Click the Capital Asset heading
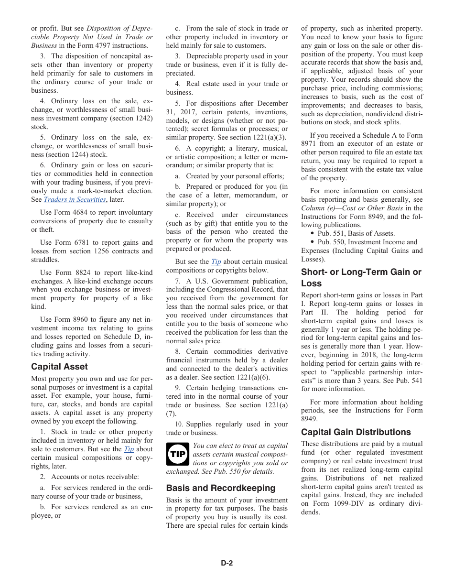[x=59, y=367]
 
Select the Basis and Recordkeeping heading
[x=220, y=488]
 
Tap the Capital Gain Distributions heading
[x=356, y=432]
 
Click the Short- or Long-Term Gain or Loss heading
[x=361, y=278]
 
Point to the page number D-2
[x=227, y=563]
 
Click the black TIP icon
[x=177, y=454]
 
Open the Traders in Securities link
[x=75, y=200]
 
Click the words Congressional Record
[x=231, y=289]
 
